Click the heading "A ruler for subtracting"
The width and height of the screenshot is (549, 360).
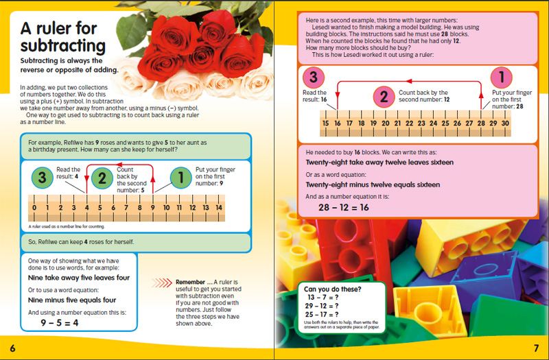[x=62, y=38]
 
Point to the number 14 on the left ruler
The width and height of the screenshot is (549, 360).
[x=219, y=208]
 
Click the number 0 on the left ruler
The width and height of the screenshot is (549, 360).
[x=32, y=208]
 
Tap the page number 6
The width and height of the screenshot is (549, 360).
[x=12, y=347]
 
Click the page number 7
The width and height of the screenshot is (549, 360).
[x=536, y=347]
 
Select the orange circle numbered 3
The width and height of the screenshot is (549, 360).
[x=313, y=77]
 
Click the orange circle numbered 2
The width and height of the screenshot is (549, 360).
[x=384, y=97]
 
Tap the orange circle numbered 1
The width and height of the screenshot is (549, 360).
[x=502, y=77]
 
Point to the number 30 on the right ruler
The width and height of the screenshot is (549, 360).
[x=505, y=123]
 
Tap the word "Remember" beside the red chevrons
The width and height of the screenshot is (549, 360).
[x=191, y=282]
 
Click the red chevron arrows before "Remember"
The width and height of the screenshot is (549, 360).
[x=162, y=282]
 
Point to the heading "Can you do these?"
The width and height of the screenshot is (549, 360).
[x=334, y=289]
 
